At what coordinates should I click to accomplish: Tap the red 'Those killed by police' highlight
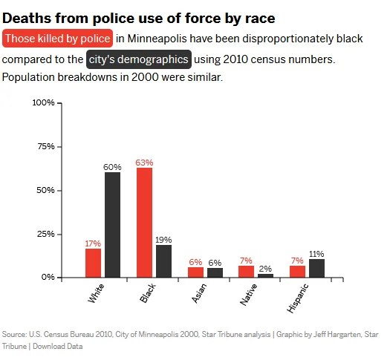pos(58,38)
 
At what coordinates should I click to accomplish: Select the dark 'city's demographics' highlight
pos(138,59)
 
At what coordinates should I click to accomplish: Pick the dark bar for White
pos(112,225)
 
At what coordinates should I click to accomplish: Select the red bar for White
pos(93,263)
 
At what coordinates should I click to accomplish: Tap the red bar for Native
pos(246,272)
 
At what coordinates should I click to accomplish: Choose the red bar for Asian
pos(195,272)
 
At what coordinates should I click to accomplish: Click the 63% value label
pos(144,163)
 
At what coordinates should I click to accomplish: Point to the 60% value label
pos(112,168)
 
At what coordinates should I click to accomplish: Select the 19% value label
pos(163,240)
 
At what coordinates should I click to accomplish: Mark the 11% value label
pos(316,254)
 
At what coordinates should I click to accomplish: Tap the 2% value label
pos(265,269)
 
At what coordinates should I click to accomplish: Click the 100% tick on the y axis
pos(45,102)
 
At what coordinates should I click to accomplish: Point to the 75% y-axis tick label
pos(46,146)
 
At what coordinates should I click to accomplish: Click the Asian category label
pos(197,294)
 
